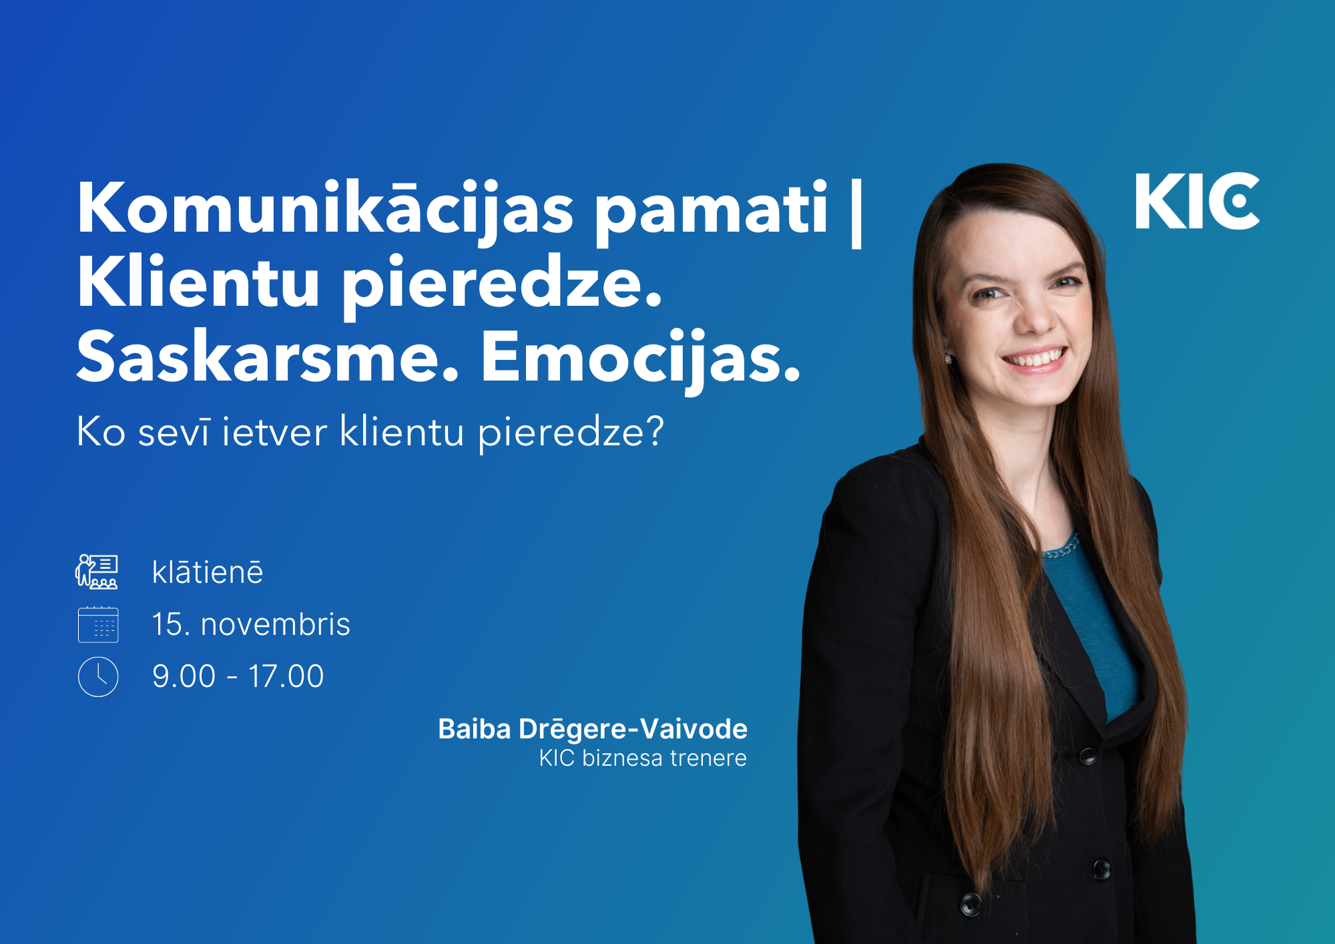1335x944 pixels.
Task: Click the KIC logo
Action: [x=1197, y=201]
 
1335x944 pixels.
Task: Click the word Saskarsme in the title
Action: [x=268, y=357]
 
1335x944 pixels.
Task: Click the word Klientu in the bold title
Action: [x=199, y=282]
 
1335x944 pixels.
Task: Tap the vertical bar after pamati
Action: [x=857, y=212]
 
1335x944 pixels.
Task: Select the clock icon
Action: [x=98, y=677]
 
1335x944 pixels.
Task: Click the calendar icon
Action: [x=98, y=625]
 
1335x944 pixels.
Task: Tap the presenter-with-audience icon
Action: [x=97, y=571]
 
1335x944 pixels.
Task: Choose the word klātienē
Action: [x=208, y=572]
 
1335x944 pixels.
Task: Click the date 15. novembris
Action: [x=251, y=625]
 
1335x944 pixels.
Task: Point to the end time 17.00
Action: [x=286, y=676]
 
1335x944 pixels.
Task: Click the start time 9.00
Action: [x=184, y=676]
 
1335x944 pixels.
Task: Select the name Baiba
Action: [x=475, y=729]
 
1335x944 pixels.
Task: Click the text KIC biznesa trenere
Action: [x=643, y=758]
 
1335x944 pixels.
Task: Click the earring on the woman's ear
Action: [x=949, y=359]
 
